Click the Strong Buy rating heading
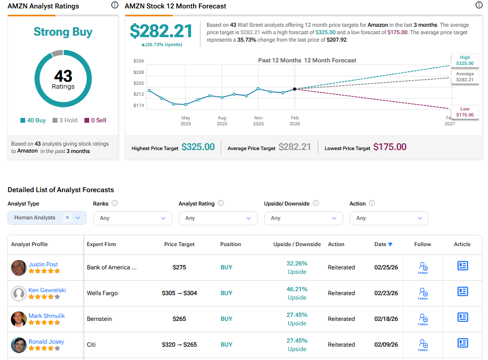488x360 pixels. [x=63, y=32]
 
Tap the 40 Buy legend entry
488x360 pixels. [x=33, y=120]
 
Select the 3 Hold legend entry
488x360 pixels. [x=65, y=120]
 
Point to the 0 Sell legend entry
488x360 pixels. [x=95, y=120]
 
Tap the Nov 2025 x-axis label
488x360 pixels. [x=258, y=121]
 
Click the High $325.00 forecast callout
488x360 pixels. [x=465, y=60]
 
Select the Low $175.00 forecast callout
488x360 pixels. [x=465, y=112]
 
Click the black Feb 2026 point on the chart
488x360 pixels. [x=295, y=89]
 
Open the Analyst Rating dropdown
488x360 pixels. [x=218, y=218]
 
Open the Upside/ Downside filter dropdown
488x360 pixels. [x=303, y=218]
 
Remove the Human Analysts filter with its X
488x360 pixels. [x=67, y=217]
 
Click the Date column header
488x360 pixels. [x=383, y=244]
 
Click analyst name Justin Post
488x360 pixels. [x=43, y=264]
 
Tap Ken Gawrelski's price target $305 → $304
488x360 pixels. [x=179, y=293]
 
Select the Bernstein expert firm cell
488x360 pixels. [x=99, y=319]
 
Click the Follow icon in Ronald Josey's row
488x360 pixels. [x=423, y=344]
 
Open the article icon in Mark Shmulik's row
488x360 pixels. [x=462, y=317]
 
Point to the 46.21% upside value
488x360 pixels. [x=297, y=289]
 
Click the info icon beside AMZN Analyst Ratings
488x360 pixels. [x=115, y=5]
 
